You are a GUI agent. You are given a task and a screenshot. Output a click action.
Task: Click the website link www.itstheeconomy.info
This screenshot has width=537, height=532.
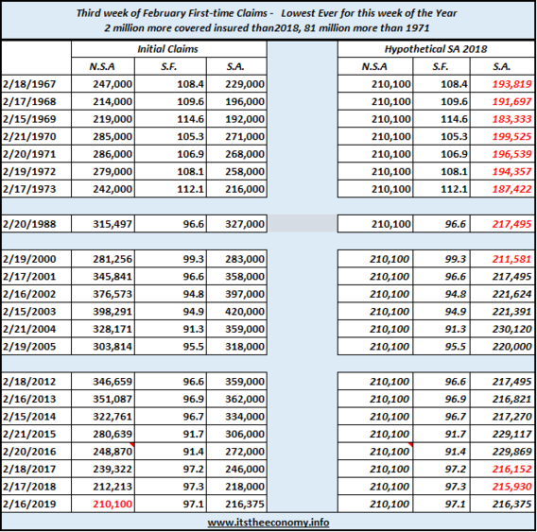268,523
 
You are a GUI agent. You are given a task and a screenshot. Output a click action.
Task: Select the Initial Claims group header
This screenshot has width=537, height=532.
168,49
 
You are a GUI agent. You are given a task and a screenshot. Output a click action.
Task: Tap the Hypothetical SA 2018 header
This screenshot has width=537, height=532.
436,49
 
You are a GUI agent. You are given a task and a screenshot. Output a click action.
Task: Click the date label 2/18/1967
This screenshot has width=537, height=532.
29,84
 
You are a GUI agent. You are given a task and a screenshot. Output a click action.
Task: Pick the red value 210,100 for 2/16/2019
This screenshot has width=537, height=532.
113,504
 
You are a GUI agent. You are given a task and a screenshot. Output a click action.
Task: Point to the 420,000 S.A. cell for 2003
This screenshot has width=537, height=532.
245,312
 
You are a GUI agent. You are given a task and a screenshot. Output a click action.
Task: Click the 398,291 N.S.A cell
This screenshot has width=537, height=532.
113,312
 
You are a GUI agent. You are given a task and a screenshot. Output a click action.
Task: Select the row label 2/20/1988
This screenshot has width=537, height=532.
29,224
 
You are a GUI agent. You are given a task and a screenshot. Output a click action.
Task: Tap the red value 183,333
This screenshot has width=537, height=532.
511,119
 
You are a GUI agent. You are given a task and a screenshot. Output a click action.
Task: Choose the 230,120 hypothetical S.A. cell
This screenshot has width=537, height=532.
511,329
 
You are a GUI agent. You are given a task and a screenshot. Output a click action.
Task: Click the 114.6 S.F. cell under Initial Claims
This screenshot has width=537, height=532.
190,119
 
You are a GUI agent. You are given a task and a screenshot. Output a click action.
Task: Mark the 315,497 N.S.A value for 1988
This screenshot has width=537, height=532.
113,224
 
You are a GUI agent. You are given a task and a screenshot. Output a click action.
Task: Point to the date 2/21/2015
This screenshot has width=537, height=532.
29,434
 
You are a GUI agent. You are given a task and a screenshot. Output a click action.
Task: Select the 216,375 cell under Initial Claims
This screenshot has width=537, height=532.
245,504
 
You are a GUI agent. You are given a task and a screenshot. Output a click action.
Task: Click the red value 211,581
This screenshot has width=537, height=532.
511,259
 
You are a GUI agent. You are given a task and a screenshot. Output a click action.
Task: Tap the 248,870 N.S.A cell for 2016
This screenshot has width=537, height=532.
113,452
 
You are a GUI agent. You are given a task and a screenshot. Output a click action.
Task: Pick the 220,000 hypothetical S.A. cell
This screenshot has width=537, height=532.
511,347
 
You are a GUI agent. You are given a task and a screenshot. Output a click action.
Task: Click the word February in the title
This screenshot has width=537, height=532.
165,13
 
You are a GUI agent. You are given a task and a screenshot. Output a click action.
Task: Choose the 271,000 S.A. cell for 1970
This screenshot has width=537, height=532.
245,137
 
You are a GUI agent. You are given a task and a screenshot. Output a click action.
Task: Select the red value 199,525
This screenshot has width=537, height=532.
511,137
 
